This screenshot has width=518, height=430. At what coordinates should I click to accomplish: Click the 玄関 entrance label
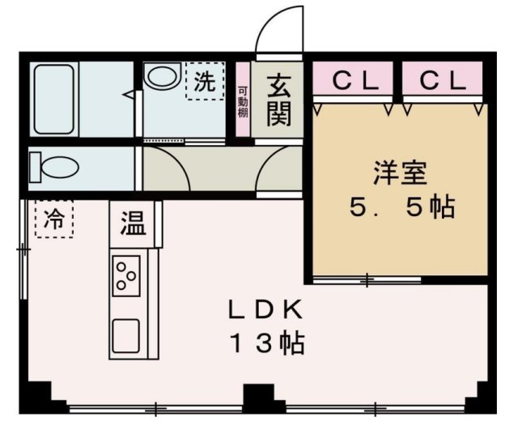click(x=278, y=100)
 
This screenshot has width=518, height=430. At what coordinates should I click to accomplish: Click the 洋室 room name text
click(x=400, y=174)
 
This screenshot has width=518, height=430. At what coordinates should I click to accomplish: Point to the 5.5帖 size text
click(x=400, y=208)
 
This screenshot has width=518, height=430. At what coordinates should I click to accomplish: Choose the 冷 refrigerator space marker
click(x=54, y=218)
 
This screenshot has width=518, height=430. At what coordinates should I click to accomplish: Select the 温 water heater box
click(x=134, y=223)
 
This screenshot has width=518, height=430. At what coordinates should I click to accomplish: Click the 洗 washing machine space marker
click(x=206, y=81)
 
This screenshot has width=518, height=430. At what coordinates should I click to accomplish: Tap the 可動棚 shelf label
click(x=242, y=101)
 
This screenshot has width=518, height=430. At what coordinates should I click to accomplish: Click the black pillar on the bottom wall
click(x=259, y=397)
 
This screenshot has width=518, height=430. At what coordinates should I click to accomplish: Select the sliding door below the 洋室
click(x=367, y=280)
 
